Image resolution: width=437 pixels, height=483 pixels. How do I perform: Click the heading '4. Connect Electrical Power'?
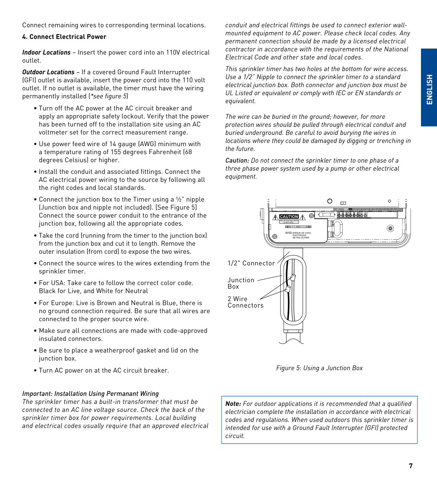point(64,37)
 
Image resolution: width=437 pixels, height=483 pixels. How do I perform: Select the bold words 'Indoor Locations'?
point(46,53)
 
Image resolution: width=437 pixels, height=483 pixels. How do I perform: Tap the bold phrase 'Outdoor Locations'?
point(48,72)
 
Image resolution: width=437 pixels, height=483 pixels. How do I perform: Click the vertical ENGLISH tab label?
point(429,89)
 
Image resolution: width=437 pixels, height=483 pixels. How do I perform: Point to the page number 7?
point(411,466)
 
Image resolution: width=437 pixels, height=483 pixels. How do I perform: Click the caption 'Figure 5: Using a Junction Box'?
point(319,368)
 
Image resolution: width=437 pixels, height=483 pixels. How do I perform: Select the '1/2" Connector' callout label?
point(251,263)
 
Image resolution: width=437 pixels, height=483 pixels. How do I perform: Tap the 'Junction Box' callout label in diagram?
point(241,283)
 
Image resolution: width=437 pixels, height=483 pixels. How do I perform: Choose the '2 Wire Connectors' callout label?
point(245,302)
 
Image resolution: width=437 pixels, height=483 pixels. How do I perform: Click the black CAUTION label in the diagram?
point(289,217)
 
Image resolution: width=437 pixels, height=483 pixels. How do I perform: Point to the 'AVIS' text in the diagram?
point(289,233)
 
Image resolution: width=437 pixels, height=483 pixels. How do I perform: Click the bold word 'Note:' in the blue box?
point(233,404)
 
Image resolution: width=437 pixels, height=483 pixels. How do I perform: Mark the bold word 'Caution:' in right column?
point(237,161)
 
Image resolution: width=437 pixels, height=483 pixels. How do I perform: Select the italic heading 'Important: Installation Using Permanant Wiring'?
point(90,394)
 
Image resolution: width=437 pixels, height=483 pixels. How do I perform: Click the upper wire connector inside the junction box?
point(293,277)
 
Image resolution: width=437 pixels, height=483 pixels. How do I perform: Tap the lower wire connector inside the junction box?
point(287,289)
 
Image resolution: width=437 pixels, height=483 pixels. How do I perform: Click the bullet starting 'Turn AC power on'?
point(104,371)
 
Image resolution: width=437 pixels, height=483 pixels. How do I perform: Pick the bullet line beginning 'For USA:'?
point(116,283)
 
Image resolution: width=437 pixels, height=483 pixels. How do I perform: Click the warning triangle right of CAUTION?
point(303,217)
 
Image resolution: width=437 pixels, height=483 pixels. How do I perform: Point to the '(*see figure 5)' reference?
point(108,96)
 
